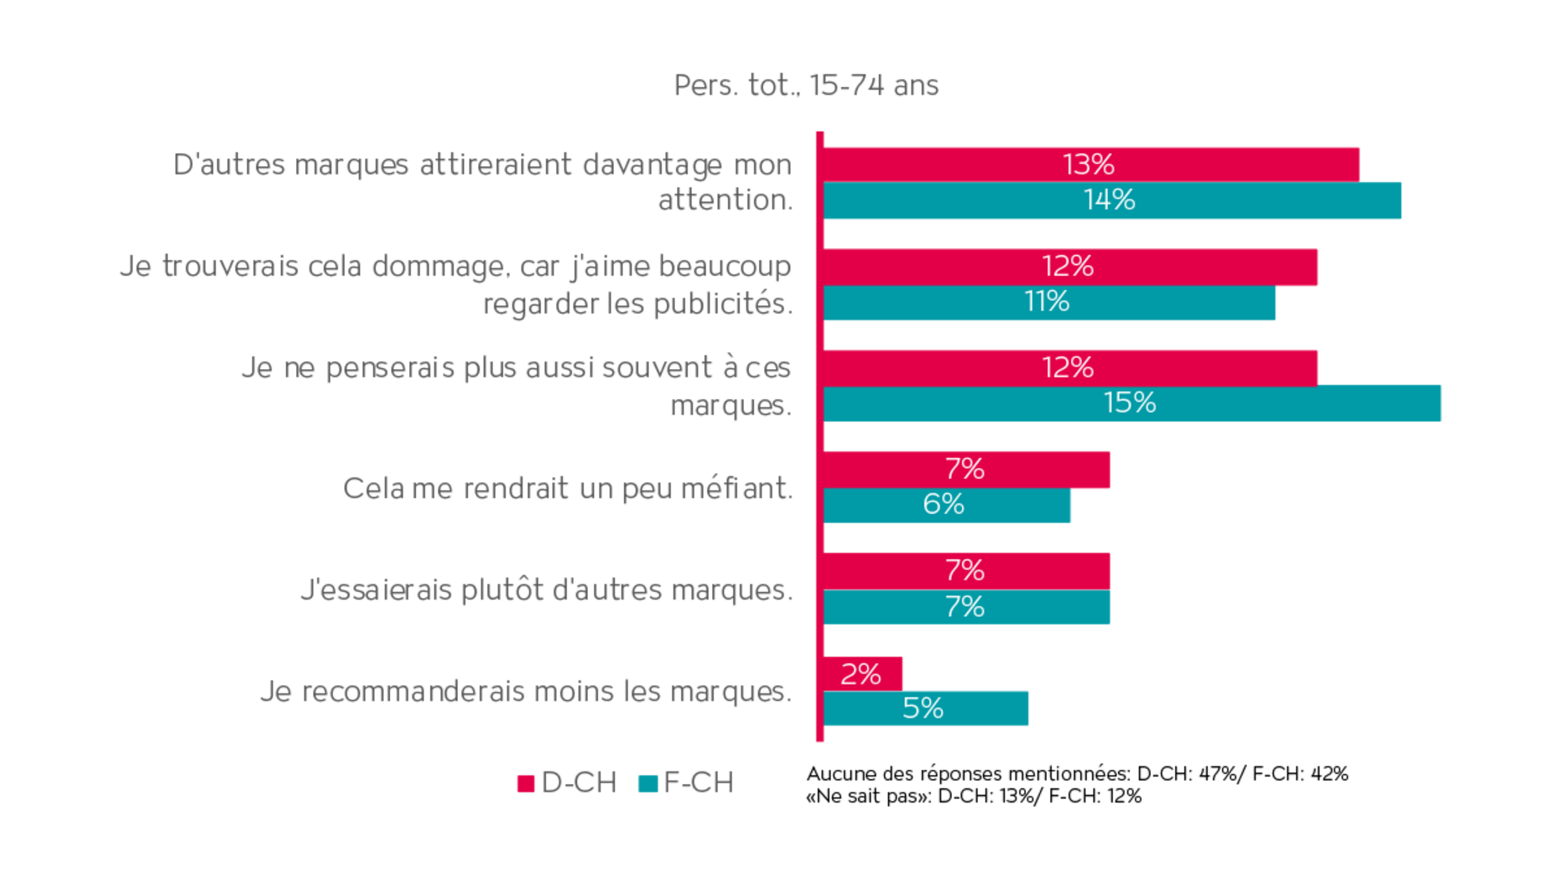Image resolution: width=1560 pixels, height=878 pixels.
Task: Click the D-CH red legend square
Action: click(x=526, y=784)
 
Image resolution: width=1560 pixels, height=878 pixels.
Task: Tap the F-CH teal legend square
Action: click(x=647, y=784)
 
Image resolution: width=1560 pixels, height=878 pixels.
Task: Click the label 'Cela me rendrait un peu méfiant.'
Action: click(x=567, y=488)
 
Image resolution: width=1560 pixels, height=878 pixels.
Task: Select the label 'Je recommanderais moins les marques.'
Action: click(x=525, y=692)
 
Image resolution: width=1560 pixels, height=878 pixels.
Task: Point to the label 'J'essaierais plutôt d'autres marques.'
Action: click(x=546, y=590)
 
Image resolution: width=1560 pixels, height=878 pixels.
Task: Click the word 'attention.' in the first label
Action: click(x=725, y=200)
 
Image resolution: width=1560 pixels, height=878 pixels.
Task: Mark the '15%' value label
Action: click(x=1129, y=403)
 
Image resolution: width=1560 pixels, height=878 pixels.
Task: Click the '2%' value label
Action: click(x=861, y=674)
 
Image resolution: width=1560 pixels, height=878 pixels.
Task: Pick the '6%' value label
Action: click(x=944, y=505)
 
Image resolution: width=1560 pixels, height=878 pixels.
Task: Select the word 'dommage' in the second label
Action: click(x=439, y=267)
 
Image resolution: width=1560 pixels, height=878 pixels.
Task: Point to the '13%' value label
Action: click(x=1088, y=164)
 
